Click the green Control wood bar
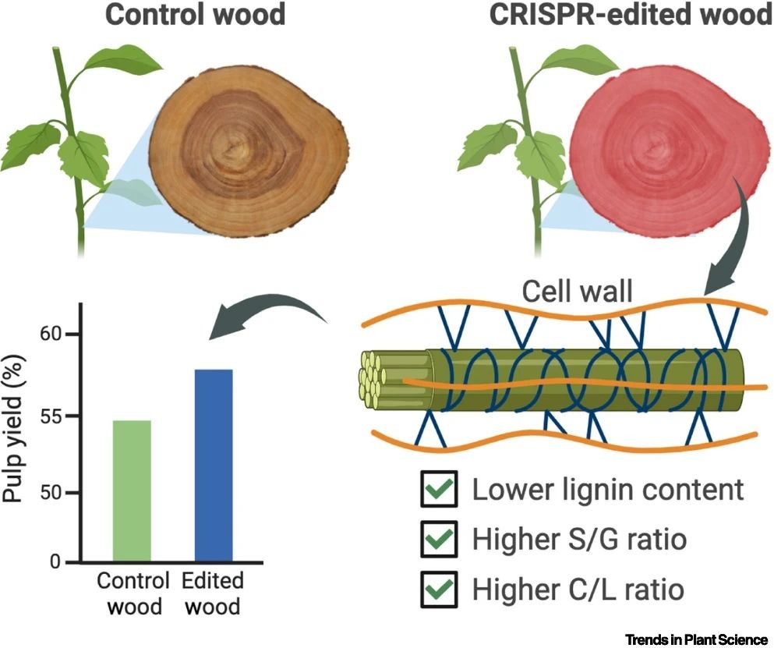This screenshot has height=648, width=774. pos(132,491)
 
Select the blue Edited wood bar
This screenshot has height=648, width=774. pos(214,466)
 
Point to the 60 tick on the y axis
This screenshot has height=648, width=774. pos(72,335)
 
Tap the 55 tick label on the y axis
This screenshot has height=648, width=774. pos(51,416)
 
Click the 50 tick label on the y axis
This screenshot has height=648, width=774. pos(51,493)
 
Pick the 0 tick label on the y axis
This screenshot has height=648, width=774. pos(55,562)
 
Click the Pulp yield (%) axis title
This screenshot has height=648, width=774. pos(13,428)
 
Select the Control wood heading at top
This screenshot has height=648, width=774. pos(196,14)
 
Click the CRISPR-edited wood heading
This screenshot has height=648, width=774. pos(631,14)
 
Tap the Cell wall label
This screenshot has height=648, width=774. pos(577,291)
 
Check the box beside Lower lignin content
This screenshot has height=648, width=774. pos(439,489)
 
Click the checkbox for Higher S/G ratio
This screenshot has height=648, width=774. pos(439,539)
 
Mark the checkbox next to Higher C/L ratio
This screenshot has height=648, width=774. pos(439,589)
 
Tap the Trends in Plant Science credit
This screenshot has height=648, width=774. pos(697,639)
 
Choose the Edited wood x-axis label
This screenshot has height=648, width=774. pos(213,593)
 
